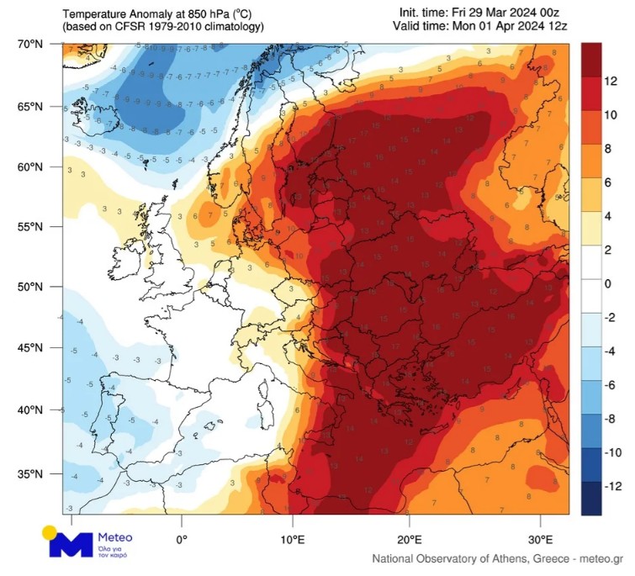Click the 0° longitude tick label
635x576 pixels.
(x=181, y=538)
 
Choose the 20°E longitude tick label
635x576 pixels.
(x=410, y=538)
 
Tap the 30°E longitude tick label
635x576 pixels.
(x=540, y=538)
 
